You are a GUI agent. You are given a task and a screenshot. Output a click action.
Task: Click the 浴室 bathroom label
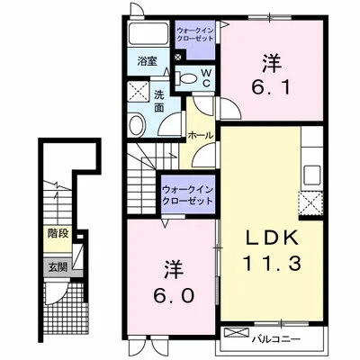coord(148,61)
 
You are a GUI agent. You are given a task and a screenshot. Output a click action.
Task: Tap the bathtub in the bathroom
coord(148,33)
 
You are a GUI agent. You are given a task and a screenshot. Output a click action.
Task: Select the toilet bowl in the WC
coord(187,78)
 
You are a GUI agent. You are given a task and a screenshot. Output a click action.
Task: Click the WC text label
coord(206,78)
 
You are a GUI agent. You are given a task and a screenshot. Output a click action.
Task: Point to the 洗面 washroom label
coord(159,101)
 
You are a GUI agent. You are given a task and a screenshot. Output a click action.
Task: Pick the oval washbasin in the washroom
coord(138,125)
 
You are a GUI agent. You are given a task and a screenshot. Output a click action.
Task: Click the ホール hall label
coord(200,135)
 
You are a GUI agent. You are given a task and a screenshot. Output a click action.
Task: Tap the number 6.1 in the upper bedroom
coord(271,87)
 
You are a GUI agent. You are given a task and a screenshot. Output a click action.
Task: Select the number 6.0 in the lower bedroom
coord(174,295)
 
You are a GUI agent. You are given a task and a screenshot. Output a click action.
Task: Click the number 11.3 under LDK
coord(272,263)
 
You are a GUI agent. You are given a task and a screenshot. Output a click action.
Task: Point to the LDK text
coord(272,238)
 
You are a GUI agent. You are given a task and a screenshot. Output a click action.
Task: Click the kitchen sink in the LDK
coord(312,175)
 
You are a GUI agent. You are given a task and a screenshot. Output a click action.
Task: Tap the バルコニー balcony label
coord(275,339)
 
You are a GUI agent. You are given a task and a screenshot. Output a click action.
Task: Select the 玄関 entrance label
coord(58,266)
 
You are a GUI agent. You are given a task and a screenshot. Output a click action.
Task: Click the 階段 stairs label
coord(58,233)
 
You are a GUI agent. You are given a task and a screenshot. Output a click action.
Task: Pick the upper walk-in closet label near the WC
coord(195,34)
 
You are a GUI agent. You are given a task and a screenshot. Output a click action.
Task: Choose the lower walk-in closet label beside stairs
coord(188,195)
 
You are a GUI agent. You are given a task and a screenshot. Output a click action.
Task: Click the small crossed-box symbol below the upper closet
coord(178,56)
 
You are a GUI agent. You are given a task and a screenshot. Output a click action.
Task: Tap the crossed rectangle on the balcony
coord(237,332)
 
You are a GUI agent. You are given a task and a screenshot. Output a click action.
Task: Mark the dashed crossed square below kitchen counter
coord(310,203)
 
